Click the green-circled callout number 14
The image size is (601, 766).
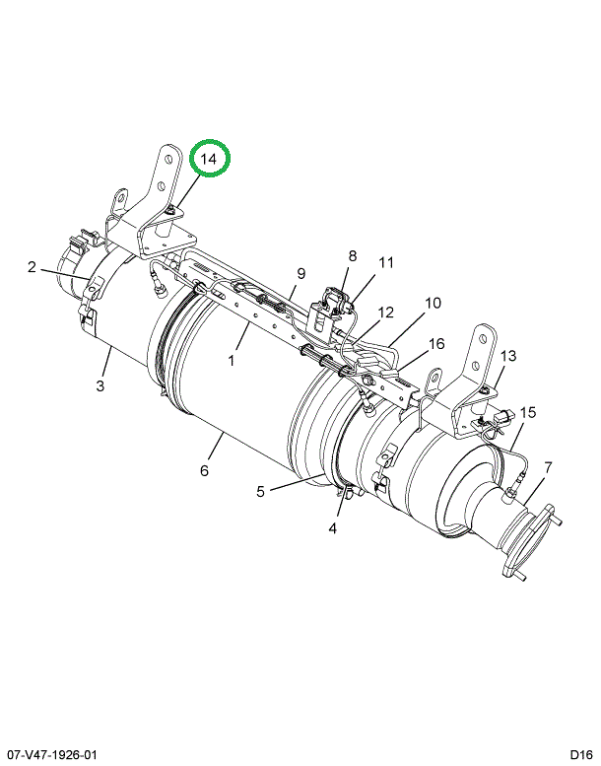point(209,159)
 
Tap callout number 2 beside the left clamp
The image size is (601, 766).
point(32,267)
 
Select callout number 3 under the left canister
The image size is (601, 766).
point(100,385)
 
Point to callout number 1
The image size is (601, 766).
point(231,361)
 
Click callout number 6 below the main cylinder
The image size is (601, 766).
point(204,470)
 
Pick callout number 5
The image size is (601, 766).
point(261,491)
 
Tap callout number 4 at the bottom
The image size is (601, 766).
point(332,528)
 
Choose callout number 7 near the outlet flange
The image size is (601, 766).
point(548,467)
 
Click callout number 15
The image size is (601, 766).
point(528,413)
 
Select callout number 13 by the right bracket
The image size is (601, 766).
point(507,356)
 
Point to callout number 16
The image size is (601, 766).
point(436,344)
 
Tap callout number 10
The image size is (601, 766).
point(433,303)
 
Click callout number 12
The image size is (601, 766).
point(385,313)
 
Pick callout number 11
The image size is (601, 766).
point(386,263)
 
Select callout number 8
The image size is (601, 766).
point(353,255)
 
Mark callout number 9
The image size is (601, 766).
point(300,274)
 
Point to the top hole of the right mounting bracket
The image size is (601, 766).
point(487,337)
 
